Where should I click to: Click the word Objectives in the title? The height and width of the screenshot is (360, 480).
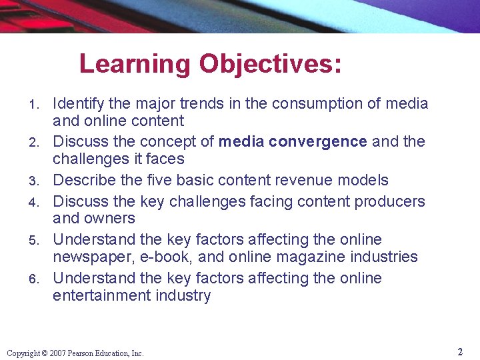(x=271, y=65)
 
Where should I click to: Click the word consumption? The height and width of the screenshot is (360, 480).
(x=313, y=103)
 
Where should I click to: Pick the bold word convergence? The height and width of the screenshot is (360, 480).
(x=326, y=141)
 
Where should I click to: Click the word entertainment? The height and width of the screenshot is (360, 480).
(x=97, y=295)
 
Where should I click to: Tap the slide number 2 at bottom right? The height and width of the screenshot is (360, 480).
(x=460, y=351)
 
